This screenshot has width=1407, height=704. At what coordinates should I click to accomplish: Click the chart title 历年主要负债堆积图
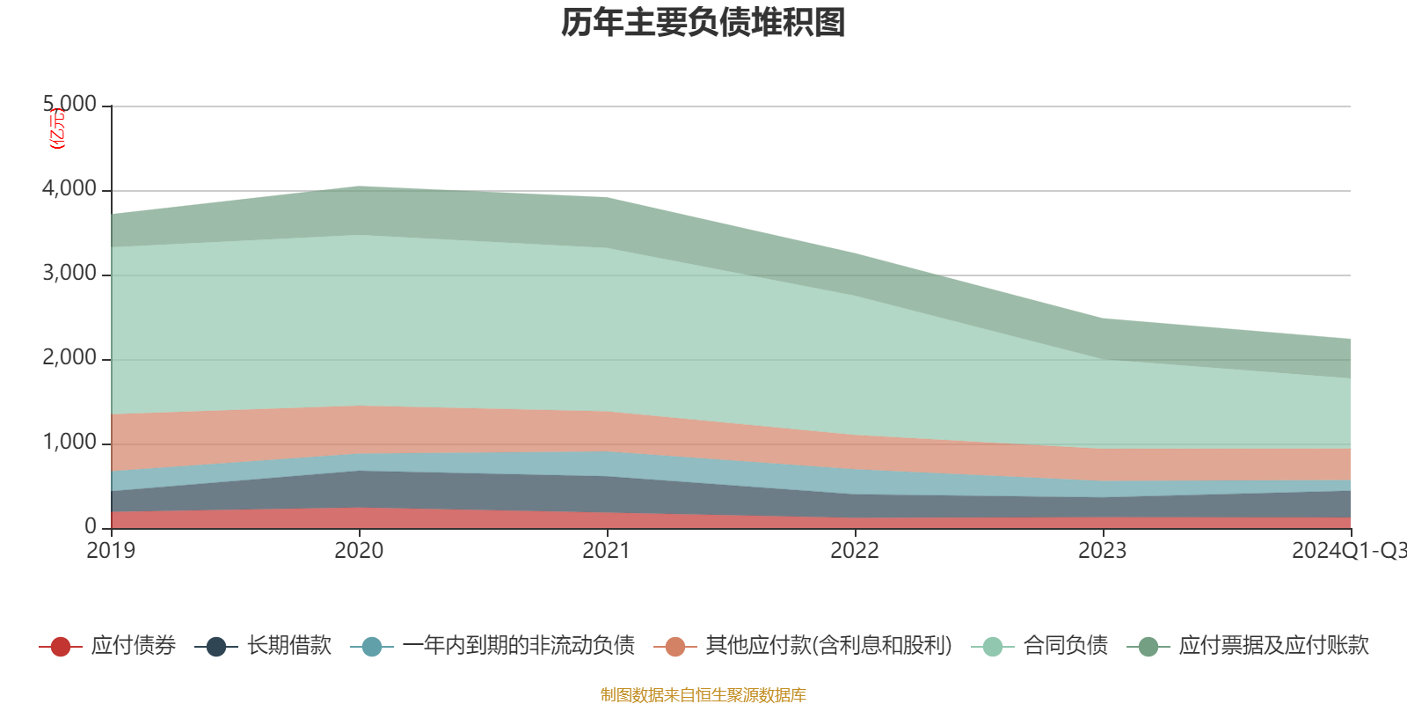click(703, 24)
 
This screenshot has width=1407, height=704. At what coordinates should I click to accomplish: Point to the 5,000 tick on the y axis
click(70, 105)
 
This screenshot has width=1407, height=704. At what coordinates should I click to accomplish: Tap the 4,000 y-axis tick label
click(70, 189)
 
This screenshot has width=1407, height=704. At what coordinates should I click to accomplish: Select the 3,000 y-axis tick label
click(70, 274)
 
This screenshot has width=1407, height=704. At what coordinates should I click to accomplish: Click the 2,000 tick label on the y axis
click(70, 358)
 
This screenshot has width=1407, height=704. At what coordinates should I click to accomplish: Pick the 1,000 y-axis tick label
click(70, 443)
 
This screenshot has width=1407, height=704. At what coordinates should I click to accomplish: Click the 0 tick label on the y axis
click(91, 527)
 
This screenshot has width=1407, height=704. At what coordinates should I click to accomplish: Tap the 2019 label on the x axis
click(111, 551)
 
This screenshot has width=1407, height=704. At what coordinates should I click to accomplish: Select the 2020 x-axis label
click(359, 551)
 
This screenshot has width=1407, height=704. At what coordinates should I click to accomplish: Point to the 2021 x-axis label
click(607, 551)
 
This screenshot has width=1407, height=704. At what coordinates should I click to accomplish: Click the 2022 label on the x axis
click(855, 551)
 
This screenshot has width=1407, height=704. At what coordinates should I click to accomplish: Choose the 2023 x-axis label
click(1102, 551)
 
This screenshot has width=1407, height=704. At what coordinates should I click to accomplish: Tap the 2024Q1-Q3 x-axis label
click(1348, 551)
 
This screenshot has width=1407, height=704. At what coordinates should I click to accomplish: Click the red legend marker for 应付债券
click(60, 647)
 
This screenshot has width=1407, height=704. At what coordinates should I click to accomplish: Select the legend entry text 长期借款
click(288, 646)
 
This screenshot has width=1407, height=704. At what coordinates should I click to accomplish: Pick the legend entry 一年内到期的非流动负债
click(518, 646)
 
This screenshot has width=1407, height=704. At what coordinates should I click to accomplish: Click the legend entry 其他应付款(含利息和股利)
click(828, 646)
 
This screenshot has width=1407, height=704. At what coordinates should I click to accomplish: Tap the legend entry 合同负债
click(1065, 646)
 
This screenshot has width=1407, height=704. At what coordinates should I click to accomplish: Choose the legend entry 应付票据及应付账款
click(1273, 646)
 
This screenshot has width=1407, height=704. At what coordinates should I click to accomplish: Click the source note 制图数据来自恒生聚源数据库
click(703, 695)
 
